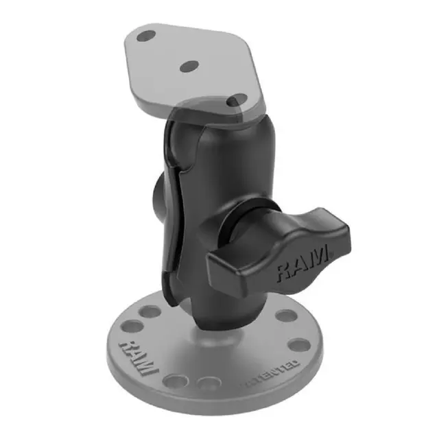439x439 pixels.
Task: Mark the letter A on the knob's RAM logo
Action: [302, 265]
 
